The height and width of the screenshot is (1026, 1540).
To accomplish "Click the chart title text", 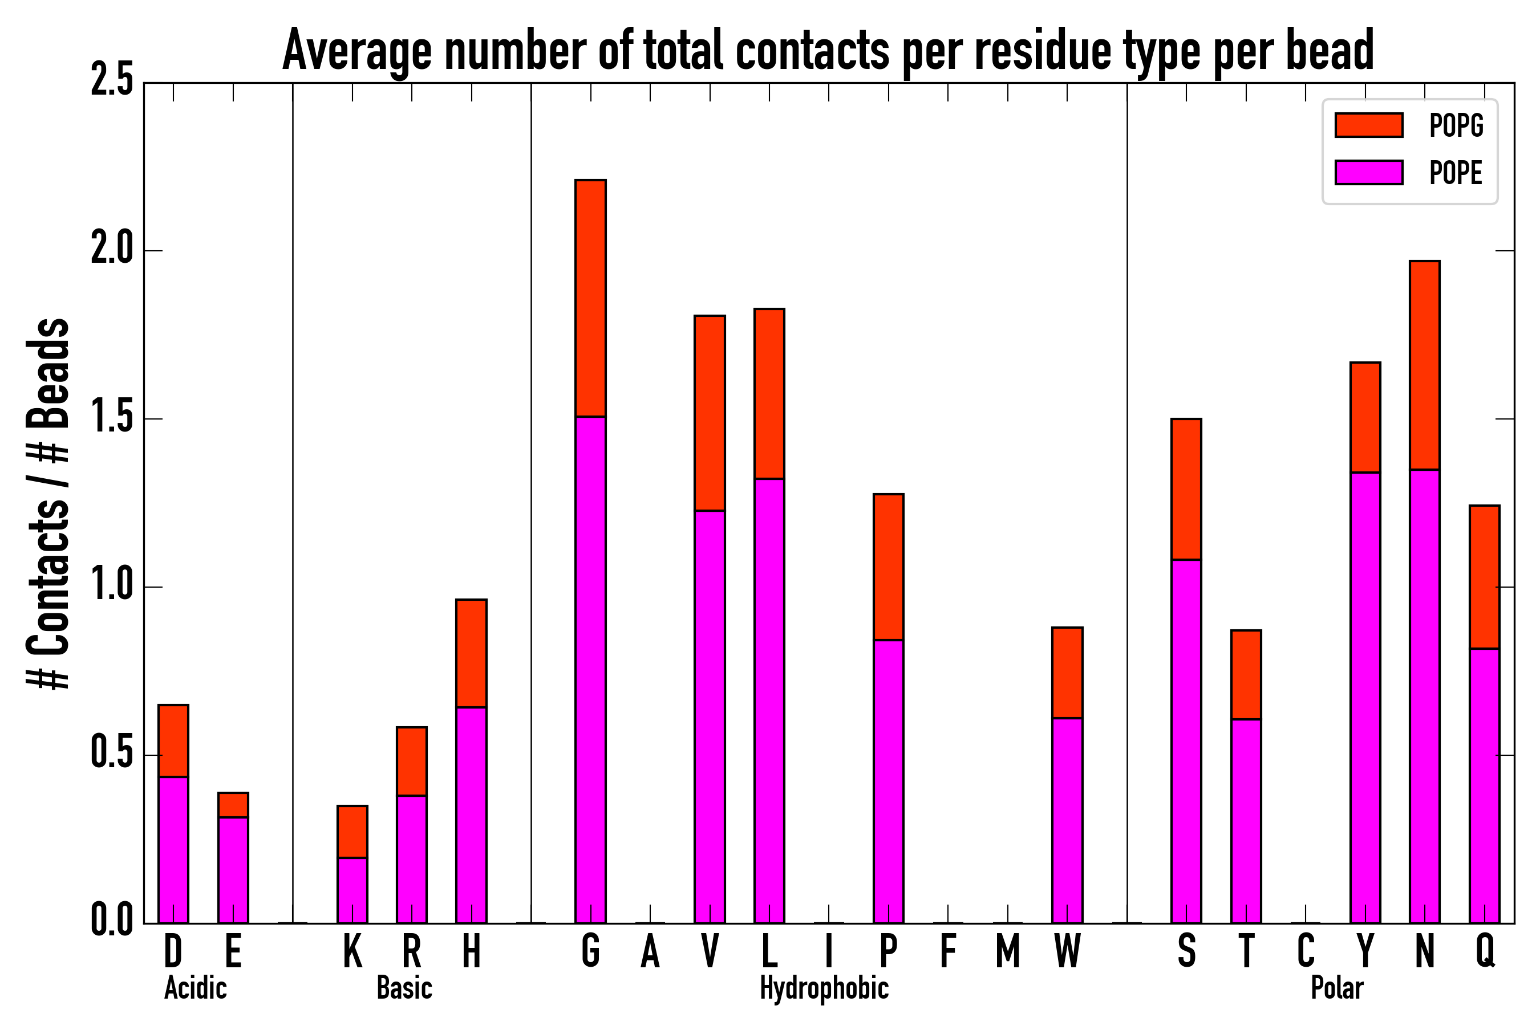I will pos(828,51).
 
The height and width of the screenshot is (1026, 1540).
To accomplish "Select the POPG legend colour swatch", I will pos(1368,125).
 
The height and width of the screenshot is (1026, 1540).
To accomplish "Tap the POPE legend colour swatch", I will pos(1368,173).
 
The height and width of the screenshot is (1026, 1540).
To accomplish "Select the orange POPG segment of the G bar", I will pos(590,298).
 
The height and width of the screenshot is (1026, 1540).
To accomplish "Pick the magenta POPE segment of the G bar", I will pos(590,667).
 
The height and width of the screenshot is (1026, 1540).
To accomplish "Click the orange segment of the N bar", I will pos(1424,365).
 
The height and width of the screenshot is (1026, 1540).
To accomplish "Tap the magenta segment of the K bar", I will pos(352,890).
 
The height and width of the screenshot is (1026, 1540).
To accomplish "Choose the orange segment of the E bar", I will pos(233,805).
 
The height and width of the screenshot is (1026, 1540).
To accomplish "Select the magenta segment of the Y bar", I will pos(1365,697).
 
